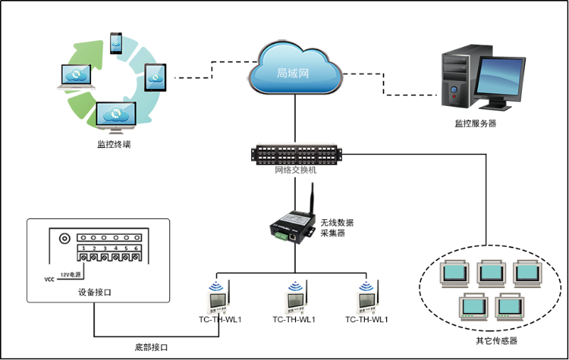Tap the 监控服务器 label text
pos(475,124)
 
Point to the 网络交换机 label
pos(295,171)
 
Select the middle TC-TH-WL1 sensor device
pos(294,297)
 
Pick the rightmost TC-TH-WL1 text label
pos(366,319)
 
